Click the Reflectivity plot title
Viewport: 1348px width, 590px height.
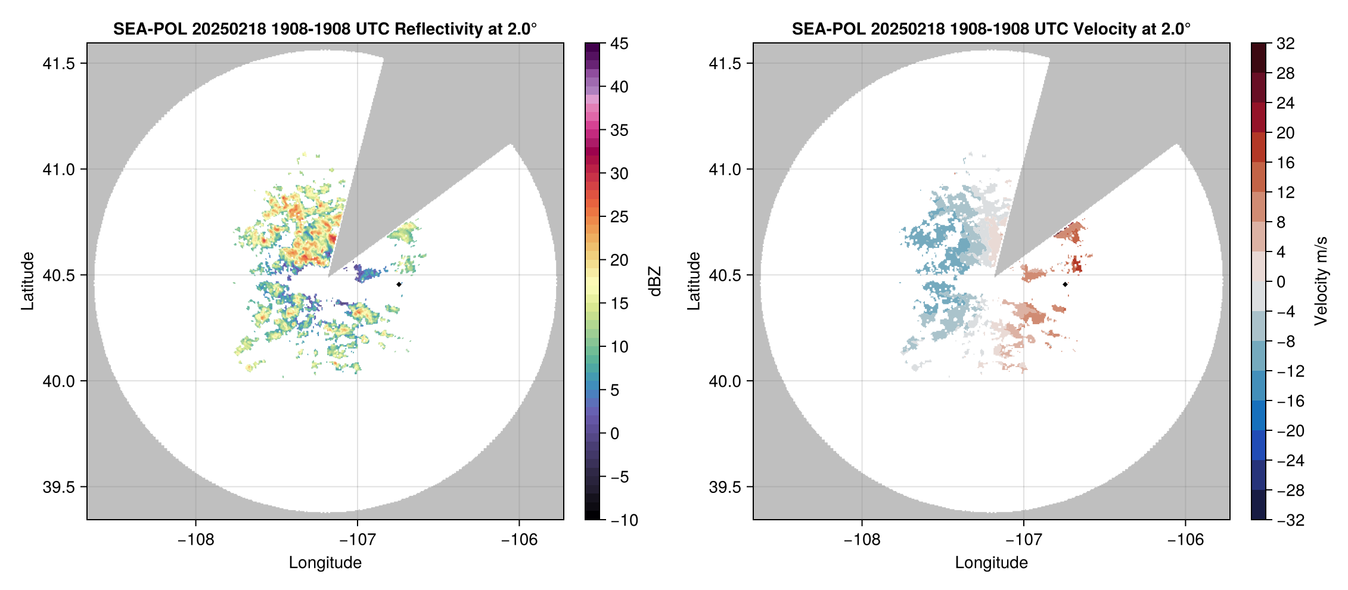pos(325,29)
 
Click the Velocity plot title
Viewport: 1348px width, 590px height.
pos(990,29)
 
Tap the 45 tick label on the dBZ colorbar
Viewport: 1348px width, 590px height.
pos(619,44)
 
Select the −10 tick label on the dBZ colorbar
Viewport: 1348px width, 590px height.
pos(624,520)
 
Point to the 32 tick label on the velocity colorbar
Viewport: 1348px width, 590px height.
pos(1285,44)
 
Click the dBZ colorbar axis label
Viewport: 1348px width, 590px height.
pos(655,281)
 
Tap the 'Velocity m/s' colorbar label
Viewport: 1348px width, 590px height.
pos(1321,281)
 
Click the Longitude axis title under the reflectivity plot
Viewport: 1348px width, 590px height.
pos(325,563)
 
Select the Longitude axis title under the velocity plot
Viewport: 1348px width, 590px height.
pos(991,563)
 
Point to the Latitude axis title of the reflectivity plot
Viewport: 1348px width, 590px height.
pos(27,281)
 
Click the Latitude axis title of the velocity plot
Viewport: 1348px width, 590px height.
pos(693,281)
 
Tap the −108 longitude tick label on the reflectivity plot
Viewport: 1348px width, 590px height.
pos(195,540)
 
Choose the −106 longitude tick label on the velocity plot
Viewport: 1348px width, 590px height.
pos(1185,540)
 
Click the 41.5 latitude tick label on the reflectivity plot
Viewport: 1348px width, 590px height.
pos(58,64)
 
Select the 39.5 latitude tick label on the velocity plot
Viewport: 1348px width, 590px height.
pos(725,487)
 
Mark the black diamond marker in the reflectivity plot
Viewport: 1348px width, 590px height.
pos(399,284)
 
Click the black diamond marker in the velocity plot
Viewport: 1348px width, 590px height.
pos(1065,284)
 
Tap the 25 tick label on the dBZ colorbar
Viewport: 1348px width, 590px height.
pos(619,217)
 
